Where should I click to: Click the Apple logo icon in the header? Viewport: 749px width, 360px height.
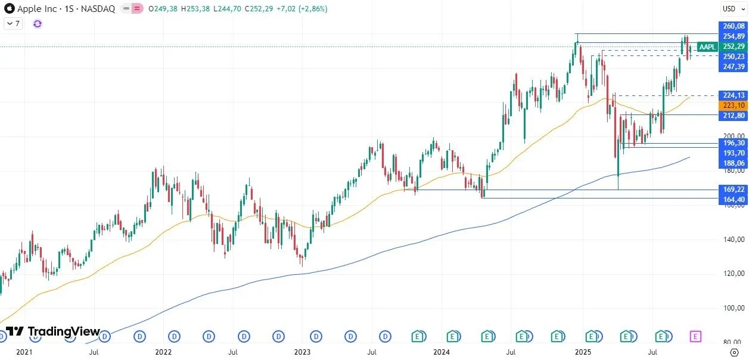[10, 9]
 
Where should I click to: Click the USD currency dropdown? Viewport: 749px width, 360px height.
[731, 8]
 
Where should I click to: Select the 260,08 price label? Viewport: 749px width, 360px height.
[733, 26]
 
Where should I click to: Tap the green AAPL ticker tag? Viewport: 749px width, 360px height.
[707, 47]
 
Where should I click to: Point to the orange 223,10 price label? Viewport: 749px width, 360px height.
[733, 105]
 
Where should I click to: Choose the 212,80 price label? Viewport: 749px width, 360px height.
[733, 115]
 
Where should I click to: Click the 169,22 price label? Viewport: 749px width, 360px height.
[733, 190]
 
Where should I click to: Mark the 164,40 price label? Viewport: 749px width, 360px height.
[733, 199]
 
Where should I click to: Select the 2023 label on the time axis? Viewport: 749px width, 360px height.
[302, 352]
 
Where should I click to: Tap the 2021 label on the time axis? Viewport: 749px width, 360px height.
[24, 352]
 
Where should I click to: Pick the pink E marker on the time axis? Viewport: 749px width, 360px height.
[695, 336]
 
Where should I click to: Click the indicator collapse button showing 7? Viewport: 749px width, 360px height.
[13, 24]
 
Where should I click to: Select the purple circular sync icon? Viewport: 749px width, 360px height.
[38, 24]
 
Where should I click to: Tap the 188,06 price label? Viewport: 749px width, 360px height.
[733, 163]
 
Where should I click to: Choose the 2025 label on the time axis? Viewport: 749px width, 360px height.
[583, 352]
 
